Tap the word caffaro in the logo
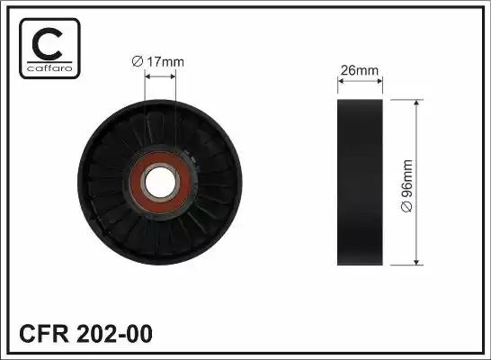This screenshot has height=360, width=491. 49,68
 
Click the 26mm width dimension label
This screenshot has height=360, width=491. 360,70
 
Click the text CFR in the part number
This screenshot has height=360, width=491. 44,334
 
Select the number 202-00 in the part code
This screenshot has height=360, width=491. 114,334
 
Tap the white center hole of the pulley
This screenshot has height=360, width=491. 160,182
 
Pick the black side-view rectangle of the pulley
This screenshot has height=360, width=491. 360,183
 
